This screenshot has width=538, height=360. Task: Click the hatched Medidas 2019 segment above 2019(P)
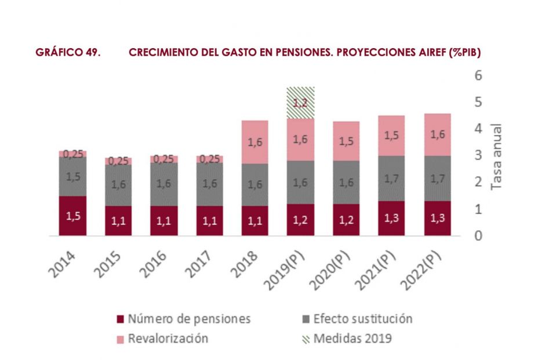point(300,103)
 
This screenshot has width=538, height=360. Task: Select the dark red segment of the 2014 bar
point(72,216)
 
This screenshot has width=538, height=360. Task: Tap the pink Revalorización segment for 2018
point(255,142)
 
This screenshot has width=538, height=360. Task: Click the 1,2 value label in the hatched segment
point(300,104)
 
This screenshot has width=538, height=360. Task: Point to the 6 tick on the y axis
point(478,75)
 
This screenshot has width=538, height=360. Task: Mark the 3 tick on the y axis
point(478,155)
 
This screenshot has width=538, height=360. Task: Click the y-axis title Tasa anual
point(496,156)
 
